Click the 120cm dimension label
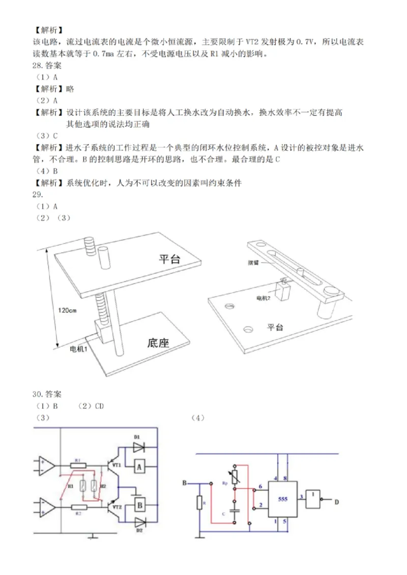[x=67, y=310]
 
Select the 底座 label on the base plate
[x=158, y=343]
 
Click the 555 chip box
[x=282, y=499]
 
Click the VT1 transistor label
[x=116, y=464]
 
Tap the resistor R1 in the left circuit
[x=78, y=464]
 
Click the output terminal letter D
[x=336, y=502]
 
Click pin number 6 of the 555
[x=260, y=487]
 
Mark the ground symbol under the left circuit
[x=92, y=536]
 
